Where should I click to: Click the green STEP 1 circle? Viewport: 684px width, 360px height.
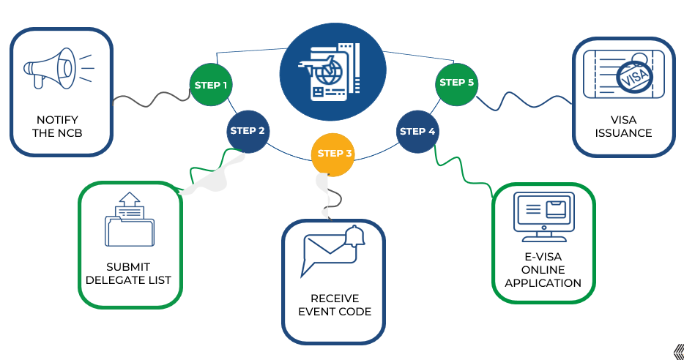pyautogui.click(x=211, y=85)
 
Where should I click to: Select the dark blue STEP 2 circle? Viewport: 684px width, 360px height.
pyautogui.click(x=248, y=131)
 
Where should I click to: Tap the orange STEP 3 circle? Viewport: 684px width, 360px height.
pyautogui.click(x=332, y=154)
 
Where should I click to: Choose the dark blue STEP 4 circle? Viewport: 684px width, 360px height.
pyautogui.click(x=417, y=132)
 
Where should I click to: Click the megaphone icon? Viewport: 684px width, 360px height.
pyautogui.click(x=58, y=68)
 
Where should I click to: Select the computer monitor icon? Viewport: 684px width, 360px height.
pyautogui.click(x=543, y=217)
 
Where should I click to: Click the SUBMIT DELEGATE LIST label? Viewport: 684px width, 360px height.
pyautogui.click(x=129, y=274)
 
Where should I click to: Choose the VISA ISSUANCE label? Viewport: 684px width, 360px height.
pyautogui.click(x=623, y=127)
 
